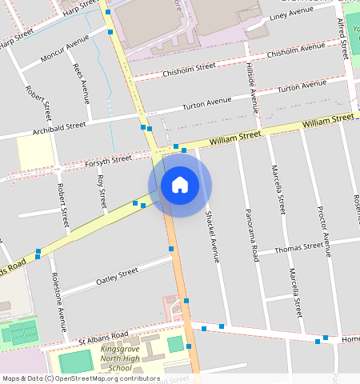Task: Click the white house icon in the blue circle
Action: pos(180,185)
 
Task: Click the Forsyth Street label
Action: pos(108,161)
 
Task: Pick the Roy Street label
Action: pos(101,193)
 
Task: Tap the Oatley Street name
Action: pos(117,276)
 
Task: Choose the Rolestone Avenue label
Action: pos(59,302)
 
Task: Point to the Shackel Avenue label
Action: pos(210,237)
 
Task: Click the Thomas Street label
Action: pos(298,249)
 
